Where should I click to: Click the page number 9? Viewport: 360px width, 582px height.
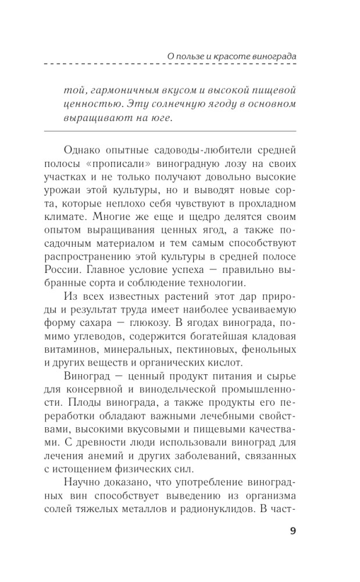pos(292,531)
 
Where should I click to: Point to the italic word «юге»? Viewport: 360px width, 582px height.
pos(162,119)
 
